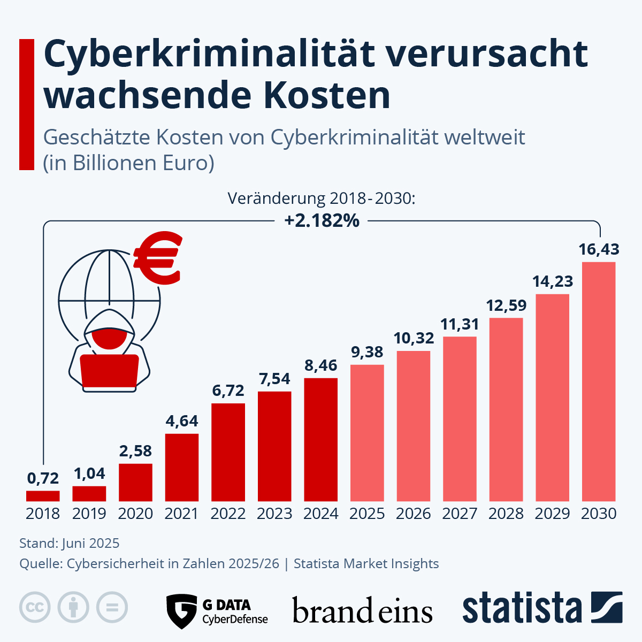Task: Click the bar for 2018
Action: [43, 496]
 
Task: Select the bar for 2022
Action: [228, 452]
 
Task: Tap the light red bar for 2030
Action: [599, 381]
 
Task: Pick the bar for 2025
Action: [367, 433]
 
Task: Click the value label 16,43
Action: [599, 249]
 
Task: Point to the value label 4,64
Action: [182, 421]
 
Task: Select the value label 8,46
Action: [320, 365]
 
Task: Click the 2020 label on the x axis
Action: [135, 514]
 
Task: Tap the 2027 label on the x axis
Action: [460, 514]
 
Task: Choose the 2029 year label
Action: [552, 514]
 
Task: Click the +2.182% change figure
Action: [322, 220]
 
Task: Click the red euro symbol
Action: [158, 258]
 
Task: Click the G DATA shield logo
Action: [181, 611]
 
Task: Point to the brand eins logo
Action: [362, 611]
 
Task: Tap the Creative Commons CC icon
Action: [35, 607]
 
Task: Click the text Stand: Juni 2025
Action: [70, 544]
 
